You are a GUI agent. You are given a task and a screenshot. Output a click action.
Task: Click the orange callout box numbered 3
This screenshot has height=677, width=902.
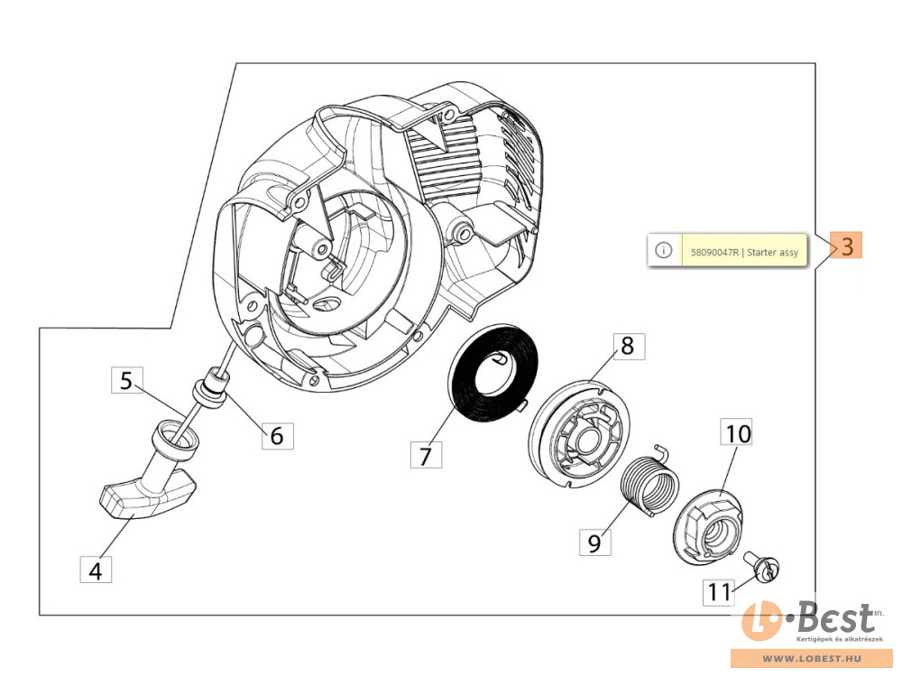[847, 246]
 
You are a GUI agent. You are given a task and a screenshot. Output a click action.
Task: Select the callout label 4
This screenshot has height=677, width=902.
[96, 570]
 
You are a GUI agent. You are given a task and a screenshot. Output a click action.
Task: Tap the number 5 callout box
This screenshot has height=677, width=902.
[127, 381]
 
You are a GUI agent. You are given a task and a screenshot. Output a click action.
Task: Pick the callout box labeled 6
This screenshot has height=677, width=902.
[277, 436]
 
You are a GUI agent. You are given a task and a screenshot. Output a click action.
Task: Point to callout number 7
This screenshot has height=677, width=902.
[426, 456]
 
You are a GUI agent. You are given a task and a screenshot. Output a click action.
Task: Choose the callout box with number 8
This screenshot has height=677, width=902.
[628, 346]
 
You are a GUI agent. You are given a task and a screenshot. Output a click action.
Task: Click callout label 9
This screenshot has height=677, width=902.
[594, 542]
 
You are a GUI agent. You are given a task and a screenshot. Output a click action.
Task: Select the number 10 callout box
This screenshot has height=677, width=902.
[737, 434]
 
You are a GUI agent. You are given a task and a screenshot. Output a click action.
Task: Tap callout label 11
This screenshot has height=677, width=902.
[719, 592]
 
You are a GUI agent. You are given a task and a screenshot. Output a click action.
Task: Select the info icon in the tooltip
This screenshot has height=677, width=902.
[663, 250]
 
